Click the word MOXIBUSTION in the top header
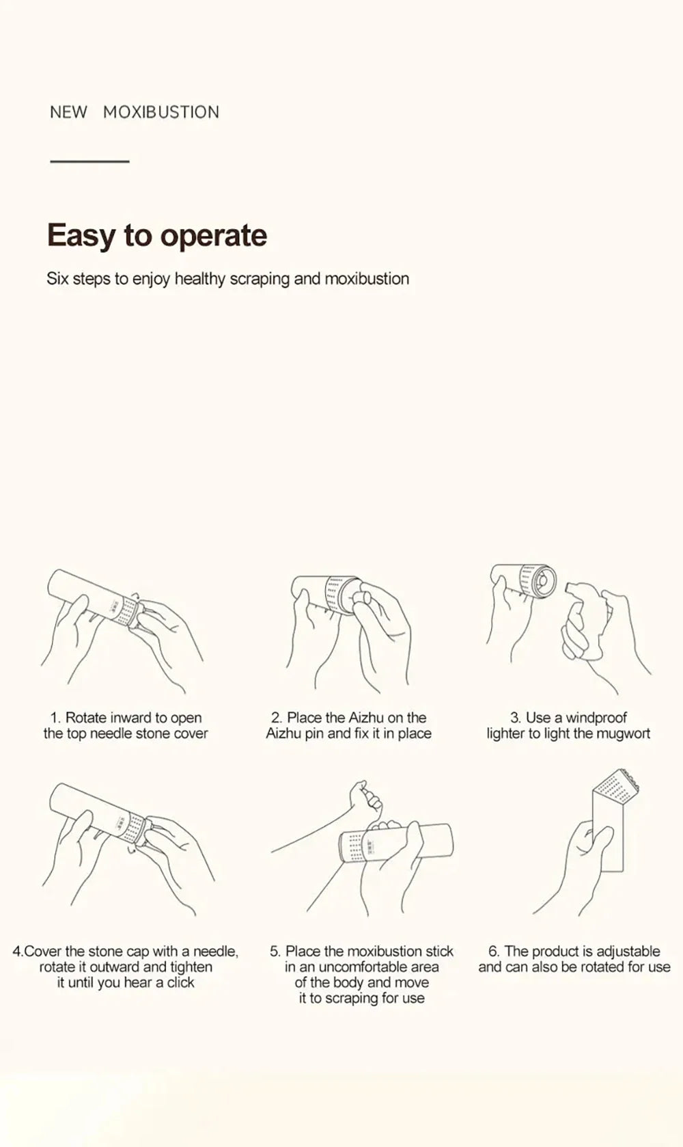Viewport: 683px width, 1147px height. point(161,112)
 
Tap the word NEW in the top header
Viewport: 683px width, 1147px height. point(68,112)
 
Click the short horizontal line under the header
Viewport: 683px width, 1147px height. point(89,161)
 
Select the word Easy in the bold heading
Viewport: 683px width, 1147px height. point(81,236)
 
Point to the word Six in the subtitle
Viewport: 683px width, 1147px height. point(57,279)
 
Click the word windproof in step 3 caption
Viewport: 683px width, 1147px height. point(596,717)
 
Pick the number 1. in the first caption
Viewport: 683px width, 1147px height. point(56,717)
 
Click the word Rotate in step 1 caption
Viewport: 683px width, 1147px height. point(87,717)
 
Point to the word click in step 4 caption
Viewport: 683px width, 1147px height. point(180,982)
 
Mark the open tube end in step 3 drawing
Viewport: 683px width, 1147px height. point(544,581)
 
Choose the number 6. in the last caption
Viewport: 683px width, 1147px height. point(494,952)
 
